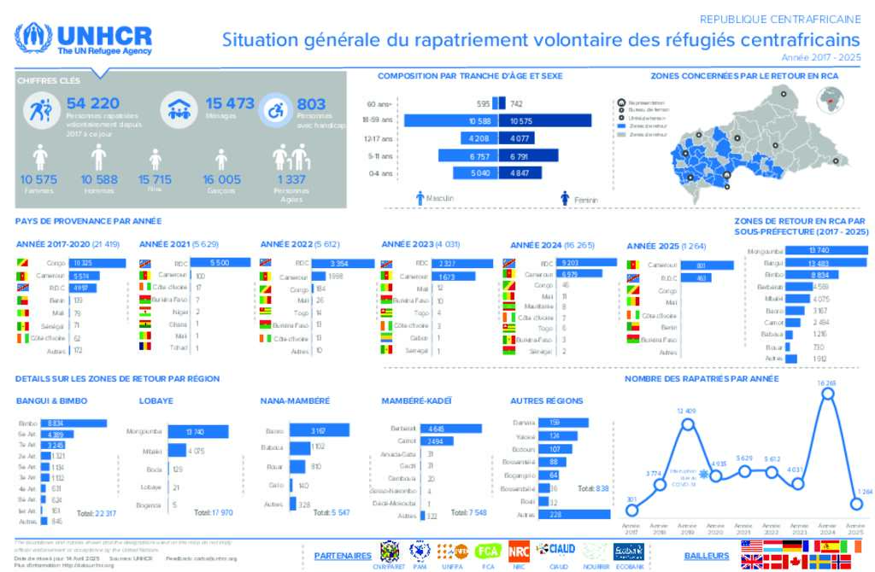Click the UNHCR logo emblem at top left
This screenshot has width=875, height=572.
(32, 38)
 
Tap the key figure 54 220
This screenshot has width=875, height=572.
(92, 103)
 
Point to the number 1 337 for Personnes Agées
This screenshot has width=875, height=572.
(291, 179)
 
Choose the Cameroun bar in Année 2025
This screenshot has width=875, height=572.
(701, 266)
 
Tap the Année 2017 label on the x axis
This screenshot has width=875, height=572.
(632, 528)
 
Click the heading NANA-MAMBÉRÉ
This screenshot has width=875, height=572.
(294, 400)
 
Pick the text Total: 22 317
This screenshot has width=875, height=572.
(97, 513)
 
